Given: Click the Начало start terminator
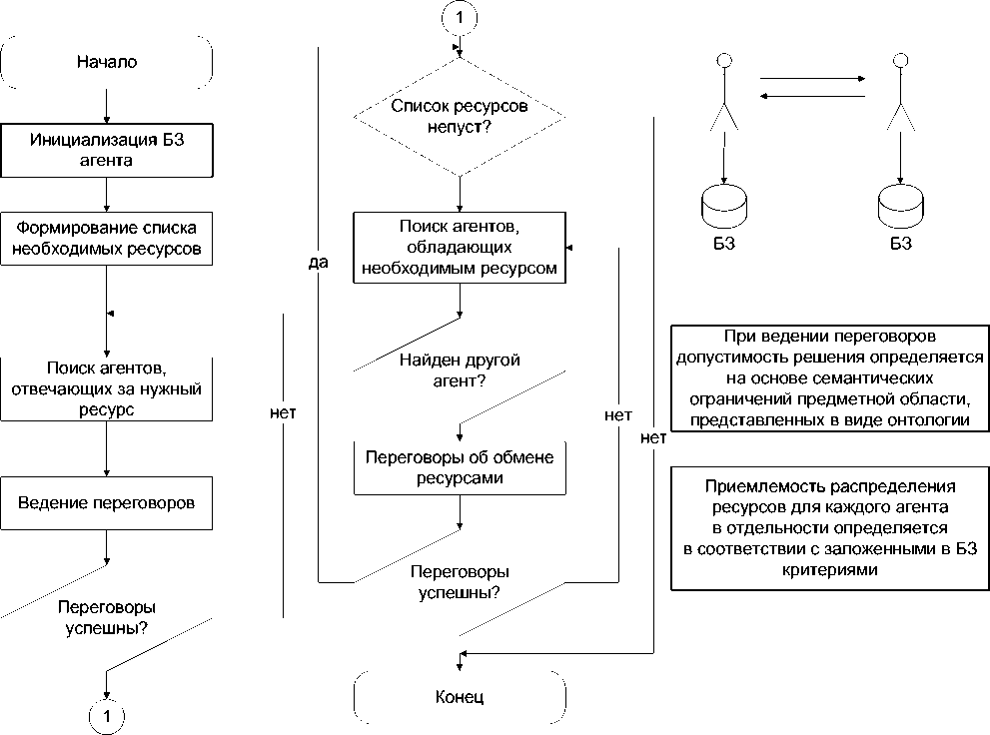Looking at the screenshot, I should pos(107,62).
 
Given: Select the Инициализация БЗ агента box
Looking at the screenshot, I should pos(107,148).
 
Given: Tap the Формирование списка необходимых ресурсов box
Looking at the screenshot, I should pos(107,238).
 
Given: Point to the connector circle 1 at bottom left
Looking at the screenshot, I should pos(107,714).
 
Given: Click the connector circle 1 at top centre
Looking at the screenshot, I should pos(459,17).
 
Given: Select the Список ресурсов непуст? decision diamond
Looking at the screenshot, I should pos(459,116).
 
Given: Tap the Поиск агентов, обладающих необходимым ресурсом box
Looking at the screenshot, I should pos(459,248).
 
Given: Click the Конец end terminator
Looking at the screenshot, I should pos(460,696).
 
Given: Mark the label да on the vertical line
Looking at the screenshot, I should pos(319,263).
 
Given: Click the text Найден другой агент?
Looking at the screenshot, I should pos(461,369).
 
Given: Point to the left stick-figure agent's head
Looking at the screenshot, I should pos(726,63).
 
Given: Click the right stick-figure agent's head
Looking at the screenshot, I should pos(899,63).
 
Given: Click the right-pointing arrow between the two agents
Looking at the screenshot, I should pos(810,78).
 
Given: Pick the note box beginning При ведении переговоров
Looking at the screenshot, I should pos(828,377).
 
